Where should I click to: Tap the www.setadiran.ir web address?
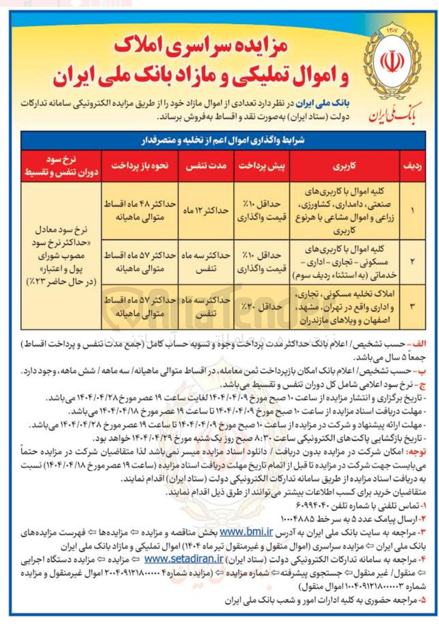click(184, 559)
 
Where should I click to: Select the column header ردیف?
click(412, 166)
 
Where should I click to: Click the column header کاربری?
click(344, 166)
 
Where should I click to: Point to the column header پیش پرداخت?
click(262, 166)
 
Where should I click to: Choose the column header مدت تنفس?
click(206, 166)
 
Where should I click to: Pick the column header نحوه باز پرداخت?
click(140, 166)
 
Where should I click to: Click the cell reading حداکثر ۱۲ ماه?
click(206, 210)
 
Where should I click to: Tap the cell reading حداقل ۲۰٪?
click(262, 307)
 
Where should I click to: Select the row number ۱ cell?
click(412, 210)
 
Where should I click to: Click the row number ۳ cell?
click(412, 307)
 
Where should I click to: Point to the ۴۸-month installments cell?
click(140, 210)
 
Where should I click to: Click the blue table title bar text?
click(223, 140)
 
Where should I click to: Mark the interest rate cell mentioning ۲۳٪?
click(61, 256)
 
